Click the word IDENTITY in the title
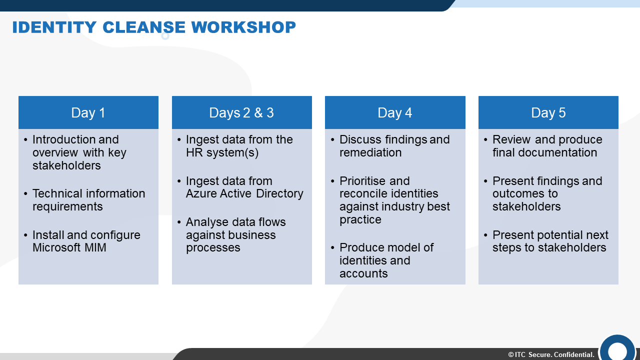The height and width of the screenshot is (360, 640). [x=54, y=27]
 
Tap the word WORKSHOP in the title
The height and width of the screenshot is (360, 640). [x=243, y=27]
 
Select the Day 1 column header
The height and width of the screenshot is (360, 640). [x=88, y=112]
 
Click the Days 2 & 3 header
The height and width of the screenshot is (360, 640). [x=241, y=112]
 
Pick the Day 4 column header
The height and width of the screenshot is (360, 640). [x=395, y=112]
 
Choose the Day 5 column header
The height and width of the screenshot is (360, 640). [x=548, y=112]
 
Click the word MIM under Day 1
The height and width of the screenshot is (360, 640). [x=95, y=247]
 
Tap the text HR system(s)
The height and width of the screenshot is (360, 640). [x=222, y=153]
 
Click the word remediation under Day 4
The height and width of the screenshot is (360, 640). [x=370, y=152]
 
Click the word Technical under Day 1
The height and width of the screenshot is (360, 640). [x=57, y=193]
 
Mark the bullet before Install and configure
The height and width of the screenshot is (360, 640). [x=25, y=235]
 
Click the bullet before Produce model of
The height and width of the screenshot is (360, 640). [x=332, y=247]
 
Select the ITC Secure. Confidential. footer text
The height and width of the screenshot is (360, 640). [x=551, y=354]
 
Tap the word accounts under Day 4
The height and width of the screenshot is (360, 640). [x=363, y=273]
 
